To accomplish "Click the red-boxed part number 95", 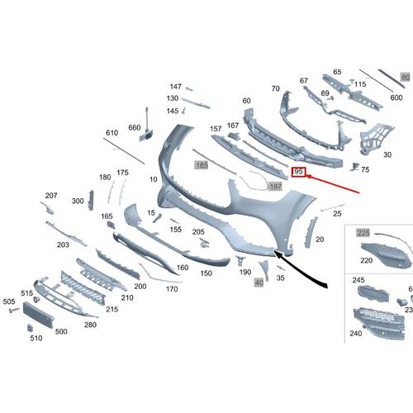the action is tap(298, 172).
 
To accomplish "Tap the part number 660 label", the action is tap(135, 127).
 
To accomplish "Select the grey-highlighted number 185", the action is tap(202, 165).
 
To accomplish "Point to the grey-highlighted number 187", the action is tap(275, 187).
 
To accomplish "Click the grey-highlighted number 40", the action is tap(259, 282).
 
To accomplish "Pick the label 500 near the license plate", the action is tap(61, 331).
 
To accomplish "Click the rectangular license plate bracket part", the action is tap(38, 315).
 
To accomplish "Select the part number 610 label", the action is tap(112, 133).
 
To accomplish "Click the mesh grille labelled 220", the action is tap(387, 255).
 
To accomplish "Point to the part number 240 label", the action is tap(356, 334).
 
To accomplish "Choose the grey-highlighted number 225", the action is tap(363, 233).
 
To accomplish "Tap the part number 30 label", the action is tap(387, 154).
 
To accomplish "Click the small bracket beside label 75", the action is tap(354, 167).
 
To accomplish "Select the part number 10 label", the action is tap(154, 179).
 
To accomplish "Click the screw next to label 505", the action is tap(14, 311).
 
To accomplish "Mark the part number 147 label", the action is tap(175, 87).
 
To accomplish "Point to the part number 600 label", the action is tap(396, 97).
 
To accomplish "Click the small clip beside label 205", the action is tap(204, 243).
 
